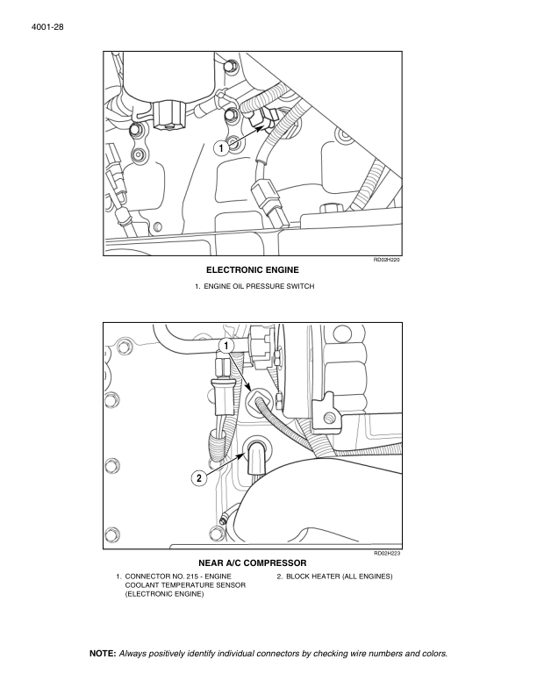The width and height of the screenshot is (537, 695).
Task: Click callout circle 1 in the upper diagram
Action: pyautogui.click(x=222, y=148)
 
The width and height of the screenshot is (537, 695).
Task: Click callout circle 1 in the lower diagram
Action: pyautogui.click(x=226, y=347)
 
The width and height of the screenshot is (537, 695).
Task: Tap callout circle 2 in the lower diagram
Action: pyautogui.click(x=198, y=478)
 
